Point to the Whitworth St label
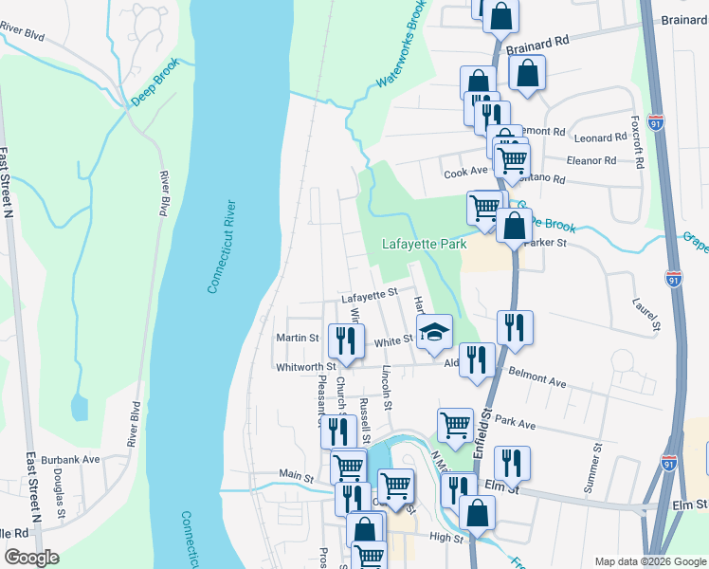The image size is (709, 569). pyautogui.click(x=305, y=366)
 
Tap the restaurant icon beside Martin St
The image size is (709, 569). pyautogui.click(x=346, y=339)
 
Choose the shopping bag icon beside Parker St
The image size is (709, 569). pyautogui.click(x=513, y=226)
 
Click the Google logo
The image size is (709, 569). pyautogui.click(x=32, y=557)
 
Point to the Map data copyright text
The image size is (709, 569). pyautogui.click(x=648, y=561)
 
